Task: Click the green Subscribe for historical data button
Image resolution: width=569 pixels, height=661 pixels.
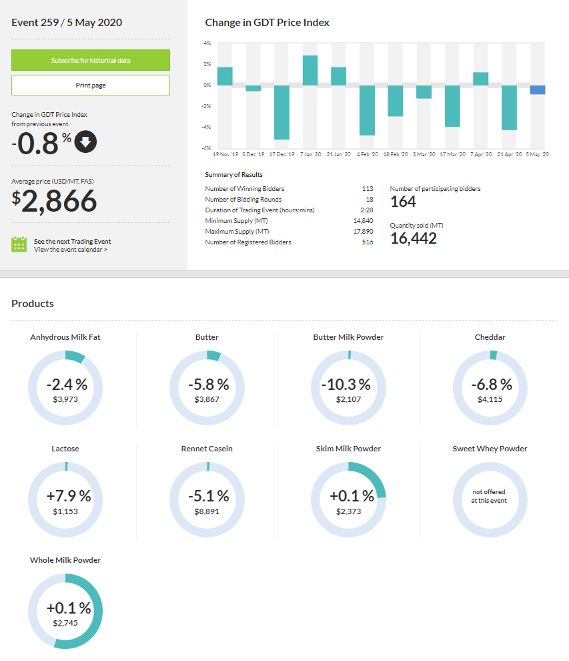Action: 91,60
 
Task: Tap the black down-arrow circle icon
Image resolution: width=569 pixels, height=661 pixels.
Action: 85,142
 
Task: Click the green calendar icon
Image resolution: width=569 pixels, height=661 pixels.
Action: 19,244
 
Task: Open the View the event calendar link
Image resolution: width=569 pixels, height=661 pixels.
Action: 70,250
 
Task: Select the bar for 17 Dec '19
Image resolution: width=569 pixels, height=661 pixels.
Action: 281,112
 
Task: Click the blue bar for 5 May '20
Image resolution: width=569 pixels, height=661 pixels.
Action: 538,89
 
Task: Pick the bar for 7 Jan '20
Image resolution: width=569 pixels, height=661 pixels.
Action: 310,70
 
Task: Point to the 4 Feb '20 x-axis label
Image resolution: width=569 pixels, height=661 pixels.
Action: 367,154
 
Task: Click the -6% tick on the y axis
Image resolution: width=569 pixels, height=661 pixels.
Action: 207,148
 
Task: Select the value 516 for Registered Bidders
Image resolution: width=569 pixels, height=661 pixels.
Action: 368,242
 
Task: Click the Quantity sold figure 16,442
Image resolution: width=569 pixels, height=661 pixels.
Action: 414,238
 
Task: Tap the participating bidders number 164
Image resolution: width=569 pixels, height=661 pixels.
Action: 403,202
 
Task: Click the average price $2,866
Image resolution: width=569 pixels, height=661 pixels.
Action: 54,201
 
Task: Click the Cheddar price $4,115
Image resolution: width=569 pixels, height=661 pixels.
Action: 490,399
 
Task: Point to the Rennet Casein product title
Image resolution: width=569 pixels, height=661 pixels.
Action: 207,449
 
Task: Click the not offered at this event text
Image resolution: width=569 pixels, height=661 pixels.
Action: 490,496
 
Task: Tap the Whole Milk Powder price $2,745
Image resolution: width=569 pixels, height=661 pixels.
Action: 65,622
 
